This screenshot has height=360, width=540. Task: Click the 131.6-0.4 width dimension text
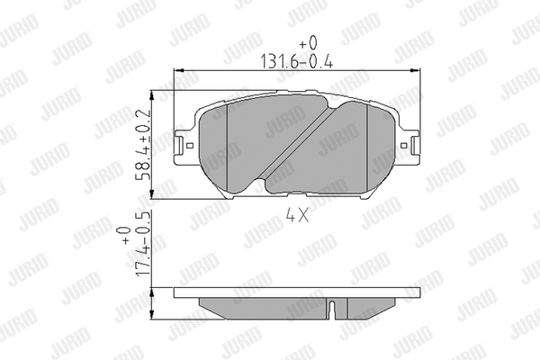click(296, 62)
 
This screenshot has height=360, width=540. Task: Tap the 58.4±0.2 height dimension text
click(144, 145)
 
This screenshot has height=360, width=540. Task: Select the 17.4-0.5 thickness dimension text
click(144, 243)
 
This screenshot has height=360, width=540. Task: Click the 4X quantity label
click(297, 216)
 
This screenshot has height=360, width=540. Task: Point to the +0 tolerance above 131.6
click(308, 43)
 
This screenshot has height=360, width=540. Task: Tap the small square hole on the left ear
click(189, 146)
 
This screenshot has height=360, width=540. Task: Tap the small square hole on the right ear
click(404, 146)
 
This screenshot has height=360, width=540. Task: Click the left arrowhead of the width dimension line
click(179, 70)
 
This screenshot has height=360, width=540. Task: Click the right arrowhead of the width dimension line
click(416, 70)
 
